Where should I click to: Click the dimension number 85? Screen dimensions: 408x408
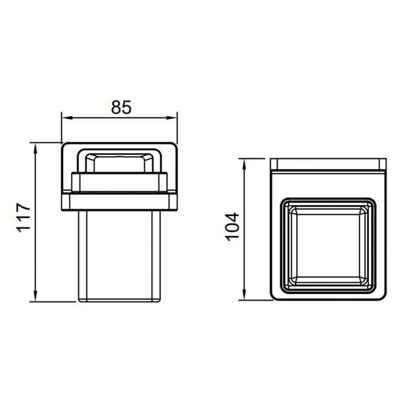[121, 107]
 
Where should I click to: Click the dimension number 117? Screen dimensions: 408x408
[23, 218]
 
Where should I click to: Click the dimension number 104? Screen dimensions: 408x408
[232, 226]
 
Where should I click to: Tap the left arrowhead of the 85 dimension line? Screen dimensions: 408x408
[67, 118]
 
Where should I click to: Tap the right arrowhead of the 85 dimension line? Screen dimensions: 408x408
[172, 118]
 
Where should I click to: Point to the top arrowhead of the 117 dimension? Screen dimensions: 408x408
[36, 148]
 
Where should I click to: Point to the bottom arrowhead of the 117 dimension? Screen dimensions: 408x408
[36, 297]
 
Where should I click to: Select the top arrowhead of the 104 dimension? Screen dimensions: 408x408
[244, 164]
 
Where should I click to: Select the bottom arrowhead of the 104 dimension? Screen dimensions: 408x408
[244, 295]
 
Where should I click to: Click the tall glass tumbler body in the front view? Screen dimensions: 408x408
[119, 256]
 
